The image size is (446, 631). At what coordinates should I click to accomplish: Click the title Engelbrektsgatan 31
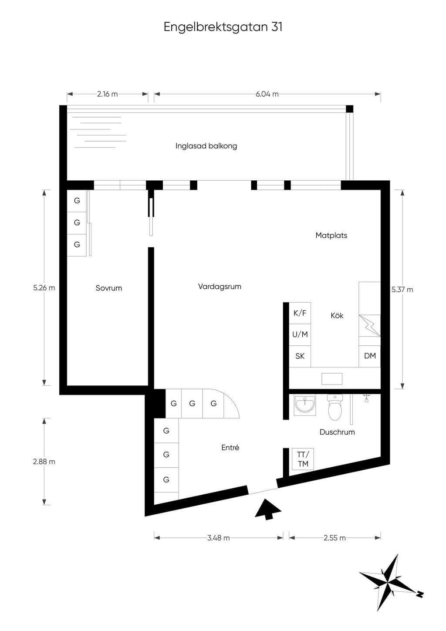223,27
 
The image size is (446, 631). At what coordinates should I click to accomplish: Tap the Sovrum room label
109,288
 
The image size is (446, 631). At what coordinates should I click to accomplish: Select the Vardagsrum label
220,287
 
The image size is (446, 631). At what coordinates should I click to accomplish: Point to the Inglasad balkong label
206,146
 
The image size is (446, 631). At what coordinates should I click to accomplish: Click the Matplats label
331,235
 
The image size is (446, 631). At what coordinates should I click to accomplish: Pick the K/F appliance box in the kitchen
300,313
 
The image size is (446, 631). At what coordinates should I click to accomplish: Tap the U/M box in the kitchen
300,334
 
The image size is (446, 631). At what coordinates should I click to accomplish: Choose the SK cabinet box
300,356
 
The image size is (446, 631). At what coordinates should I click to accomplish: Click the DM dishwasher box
370,356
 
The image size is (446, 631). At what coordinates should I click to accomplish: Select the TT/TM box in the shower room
303,459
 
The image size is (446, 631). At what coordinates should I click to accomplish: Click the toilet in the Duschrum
334,407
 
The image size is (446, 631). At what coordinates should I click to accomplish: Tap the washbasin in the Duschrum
305,405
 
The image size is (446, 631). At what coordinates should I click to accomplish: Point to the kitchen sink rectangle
332,379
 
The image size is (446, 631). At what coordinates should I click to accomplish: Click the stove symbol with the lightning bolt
370,326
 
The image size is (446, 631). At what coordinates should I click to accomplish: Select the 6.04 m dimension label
267,94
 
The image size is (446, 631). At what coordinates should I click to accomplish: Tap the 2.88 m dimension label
44,462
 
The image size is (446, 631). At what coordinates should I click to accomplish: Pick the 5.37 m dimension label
402,290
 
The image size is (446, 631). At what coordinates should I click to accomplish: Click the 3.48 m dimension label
218,538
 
